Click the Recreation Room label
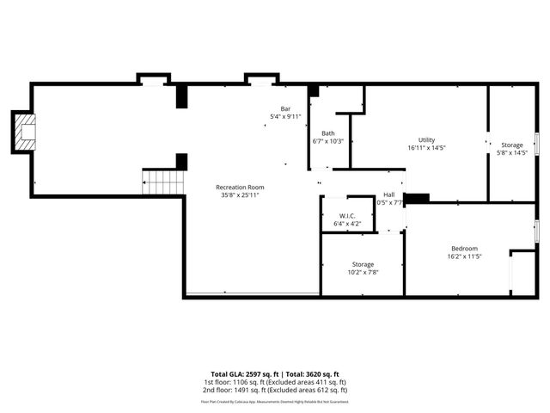(x=240, y=187)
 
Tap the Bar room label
(x=285, y=108)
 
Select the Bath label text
(x=328, y=133)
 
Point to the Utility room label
(x=427, y=139)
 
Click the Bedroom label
(x=466, y=249)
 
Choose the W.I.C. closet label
(x=347, y=216)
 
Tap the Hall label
(x=389, y=194)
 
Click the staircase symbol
(x=162, y=182)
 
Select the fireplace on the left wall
(x=26, y=132)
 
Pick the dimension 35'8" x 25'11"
(x=240, y=195)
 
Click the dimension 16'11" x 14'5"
(x=427, y=148)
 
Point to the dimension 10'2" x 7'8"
(x=363, y=272)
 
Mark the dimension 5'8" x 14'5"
(x=512, y=153)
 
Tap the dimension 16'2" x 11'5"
(x=466, y=256)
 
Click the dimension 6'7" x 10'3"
(x=328, y=141)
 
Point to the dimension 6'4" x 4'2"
(x=347, y=224)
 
